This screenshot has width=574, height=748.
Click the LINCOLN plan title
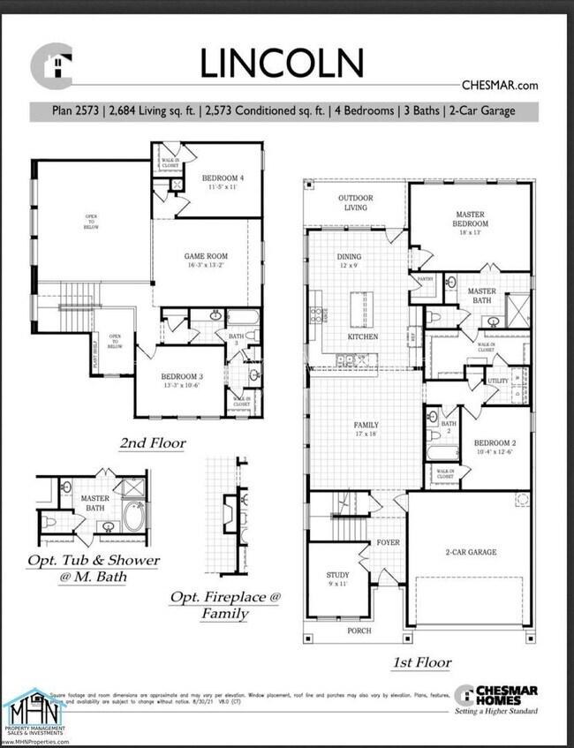coord(281,63)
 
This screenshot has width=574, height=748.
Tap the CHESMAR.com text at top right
coord(500,86)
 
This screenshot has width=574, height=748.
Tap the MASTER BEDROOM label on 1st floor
coord(472,218)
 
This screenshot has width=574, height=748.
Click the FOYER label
coord(388,542)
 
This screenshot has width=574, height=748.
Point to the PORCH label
coord(359,631)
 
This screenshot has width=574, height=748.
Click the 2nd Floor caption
coord(153,443)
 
